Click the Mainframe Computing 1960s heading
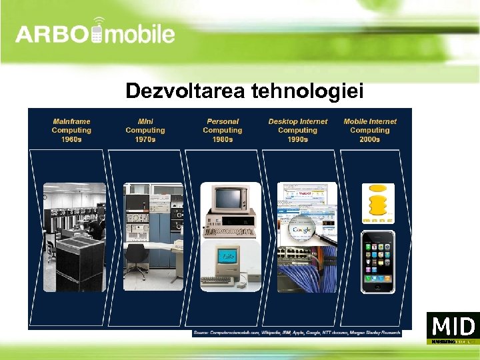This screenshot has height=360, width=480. click(71, 130)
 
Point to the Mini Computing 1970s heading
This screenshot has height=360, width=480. click(145, 130)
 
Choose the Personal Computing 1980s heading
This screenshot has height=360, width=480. click(222, 130)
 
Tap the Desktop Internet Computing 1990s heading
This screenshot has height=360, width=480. click(297, 130)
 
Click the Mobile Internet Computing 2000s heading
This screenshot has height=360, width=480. click(369, 130)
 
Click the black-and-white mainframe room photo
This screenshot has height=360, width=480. click(75, 237)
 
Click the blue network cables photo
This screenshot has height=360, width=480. click(307, 270)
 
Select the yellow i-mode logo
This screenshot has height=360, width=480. click(377, 203)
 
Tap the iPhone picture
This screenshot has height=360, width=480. click(378, 261)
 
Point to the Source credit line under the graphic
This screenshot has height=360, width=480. click(297, 333)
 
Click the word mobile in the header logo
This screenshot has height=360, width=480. click(141, 35)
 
